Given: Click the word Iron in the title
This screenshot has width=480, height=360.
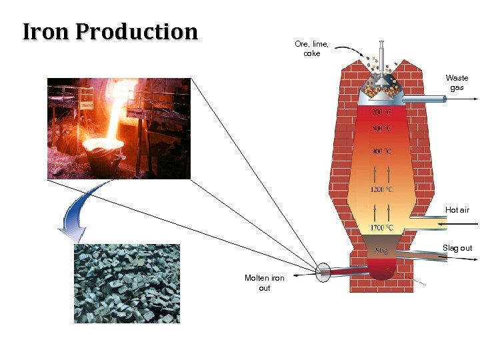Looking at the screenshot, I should (x=47, y=31).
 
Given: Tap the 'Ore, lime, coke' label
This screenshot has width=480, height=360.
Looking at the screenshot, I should (x=311, y=49).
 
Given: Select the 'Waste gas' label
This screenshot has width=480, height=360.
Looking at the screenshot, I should (x=457, y=83).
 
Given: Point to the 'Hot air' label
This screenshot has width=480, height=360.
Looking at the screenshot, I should (x=457, y=210).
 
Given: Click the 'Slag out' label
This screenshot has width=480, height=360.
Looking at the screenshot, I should (x=457, y=248).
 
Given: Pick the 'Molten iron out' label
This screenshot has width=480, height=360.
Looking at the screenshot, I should (x=264, y=283).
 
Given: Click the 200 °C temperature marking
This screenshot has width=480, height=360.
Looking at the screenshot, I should (x=381, y=112).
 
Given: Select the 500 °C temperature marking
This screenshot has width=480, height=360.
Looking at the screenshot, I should (x=381, y=128).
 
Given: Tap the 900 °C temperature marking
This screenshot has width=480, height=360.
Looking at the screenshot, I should (x=381, y=151).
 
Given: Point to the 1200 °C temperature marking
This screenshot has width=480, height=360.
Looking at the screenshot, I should (x=381, y=190).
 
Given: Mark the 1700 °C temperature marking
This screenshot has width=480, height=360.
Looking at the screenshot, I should (x=381, y=228).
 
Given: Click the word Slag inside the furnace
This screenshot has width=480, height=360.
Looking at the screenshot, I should (x=381, y=251).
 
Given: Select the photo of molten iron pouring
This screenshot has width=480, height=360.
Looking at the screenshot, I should (x=119, y=129).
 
